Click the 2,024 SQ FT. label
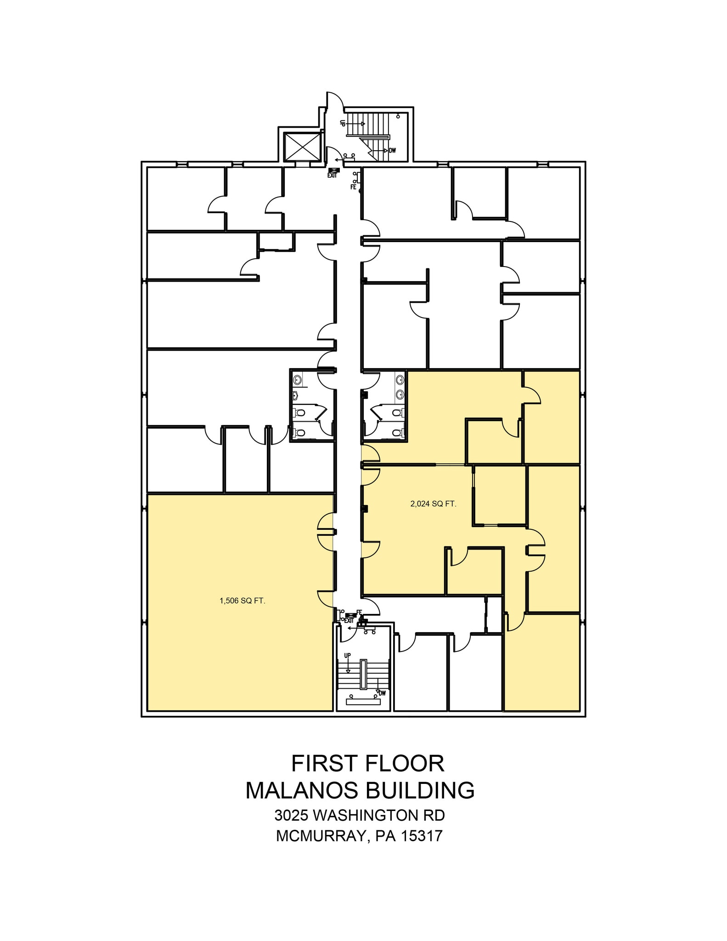[433, 504]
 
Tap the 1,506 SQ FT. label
[242, 601]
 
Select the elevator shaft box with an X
[301, 147]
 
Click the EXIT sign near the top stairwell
[333, 173]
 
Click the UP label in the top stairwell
[343, 123]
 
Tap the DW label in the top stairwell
[393, 151]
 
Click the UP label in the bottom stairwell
[348, 655]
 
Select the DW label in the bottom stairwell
[382, 693]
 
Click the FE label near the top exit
[353, 187]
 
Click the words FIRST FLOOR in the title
[367, 764]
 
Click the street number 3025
[292, 816]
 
